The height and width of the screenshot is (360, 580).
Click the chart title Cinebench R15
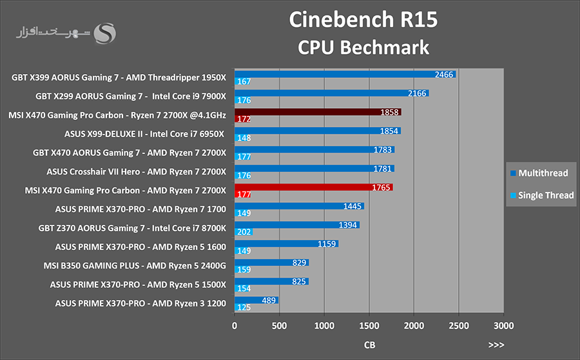pos(363,19)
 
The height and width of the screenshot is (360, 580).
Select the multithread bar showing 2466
pos(345,74)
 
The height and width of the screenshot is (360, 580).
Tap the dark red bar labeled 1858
pos(318,112)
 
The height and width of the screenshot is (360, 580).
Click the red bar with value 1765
pos(314,187)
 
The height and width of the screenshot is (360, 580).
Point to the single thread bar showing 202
pos(244,232)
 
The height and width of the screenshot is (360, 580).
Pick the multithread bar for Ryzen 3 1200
pos(256,301)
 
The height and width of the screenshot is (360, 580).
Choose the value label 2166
pos(417,93)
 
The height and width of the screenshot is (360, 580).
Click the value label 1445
pos(352,206)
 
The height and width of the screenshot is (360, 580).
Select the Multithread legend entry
pos(539,173)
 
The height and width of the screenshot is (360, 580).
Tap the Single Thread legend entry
pos(542,195)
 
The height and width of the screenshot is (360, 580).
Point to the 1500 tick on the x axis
pos(369,326)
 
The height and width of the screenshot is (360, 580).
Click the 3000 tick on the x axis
pos(503,326)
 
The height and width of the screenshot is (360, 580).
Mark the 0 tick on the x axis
pos(235,326)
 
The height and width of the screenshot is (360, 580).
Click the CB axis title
pos(369,345)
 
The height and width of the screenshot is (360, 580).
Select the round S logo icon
pos(104,33)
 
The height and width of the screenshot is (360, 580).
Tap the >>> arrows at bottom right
pos(496,345)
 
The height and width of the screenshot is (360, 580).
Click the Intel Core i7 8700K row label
pos(132,228)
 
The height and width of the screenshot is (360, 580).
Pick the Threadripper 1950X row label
pos(119,78)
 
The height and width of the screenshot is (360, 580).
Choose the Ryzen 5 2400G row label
pos(135,266)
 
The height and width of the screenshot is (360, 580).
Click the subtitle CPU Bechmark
pos(363,47)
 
